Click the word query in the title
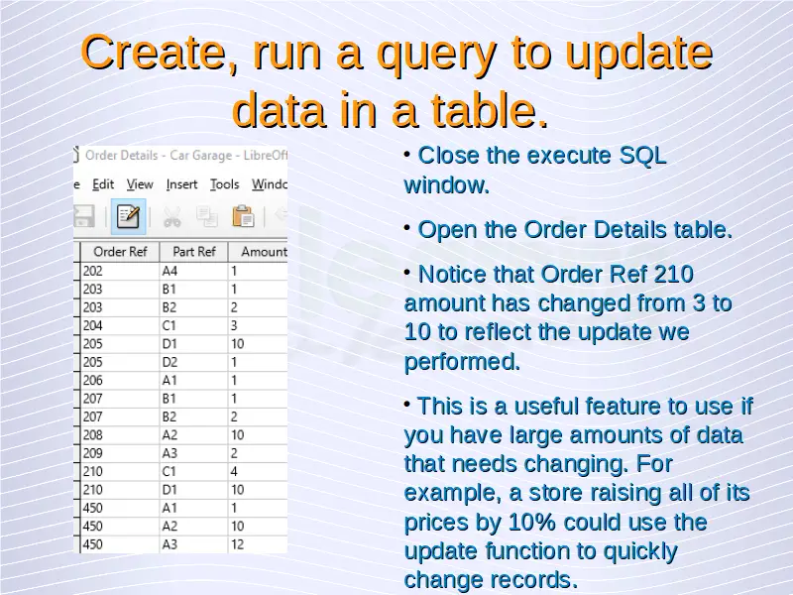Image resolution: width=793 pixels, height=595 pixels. tap(435, 55)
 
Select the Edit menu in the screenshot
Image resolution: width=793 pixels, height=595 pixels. tap(103, 184)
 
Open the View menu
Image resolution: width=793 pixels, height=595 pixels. tap(140, 184)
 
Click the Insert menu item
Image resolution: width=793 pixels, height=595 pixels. tap(181, 184)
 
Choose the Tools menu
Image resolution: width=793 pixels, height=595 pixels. tap(225, 184)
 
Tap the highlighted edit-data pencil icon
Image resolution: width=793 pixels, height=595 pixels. tap(129, 216)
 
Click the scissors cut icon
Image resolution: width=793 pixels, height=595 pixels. tap(171, 217)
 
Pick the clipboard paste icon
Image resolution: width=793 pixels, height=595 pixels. tap(243, 216)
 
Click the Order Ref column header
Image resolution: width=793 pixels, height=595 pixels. tap(120, 252)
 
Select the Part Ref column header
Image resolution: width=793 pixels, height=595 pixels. tap(193, 252)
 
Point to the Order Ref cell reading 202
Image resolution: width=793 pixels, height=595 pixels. tap(120, 271)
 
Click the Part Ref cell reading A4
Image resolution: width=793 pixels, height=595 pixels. tap(193, 271)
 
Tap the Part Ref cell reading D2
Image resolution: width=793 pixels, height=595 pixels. tap(193, 362)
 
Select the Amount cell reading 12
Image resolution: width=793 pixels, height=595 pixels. tap(258, 544)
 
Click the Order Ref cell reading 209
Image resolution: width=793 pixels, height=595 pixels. tap(120, 453)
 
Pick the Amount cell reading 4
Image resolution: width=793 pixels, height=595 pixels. tap(258, 472)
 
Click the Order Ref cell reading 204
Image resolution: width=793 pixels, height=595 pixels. tap(120, 326)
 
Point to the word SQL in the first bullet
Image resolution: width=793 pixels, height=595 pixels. tap(642, 156)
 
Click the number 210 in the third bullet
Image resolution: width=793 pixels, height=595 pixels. tap(673, 275)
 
